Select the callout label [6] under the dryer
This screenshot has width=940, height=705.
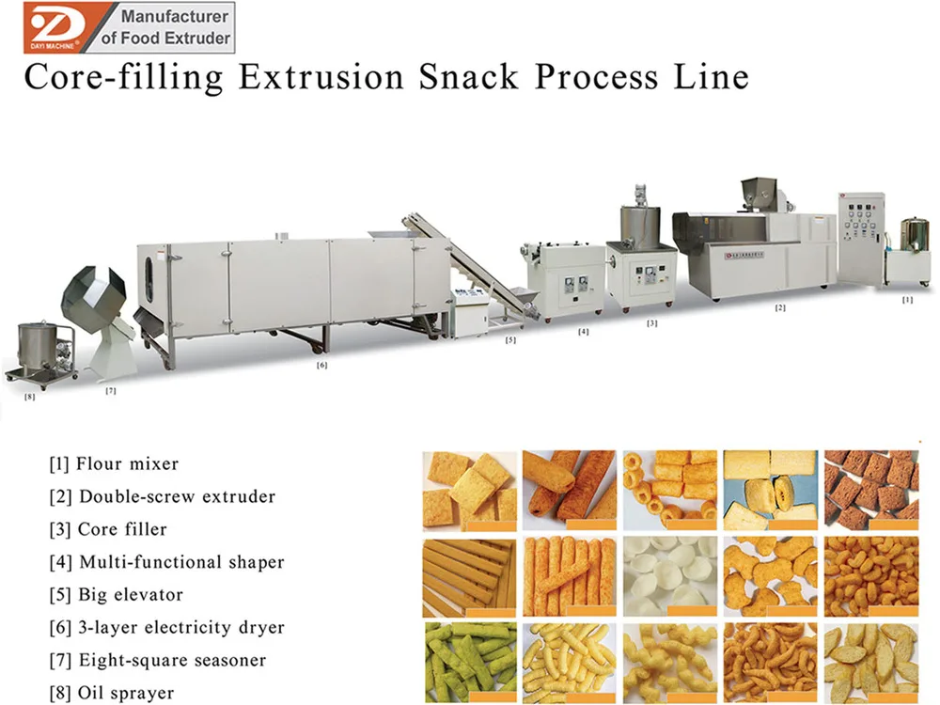click(321, 366)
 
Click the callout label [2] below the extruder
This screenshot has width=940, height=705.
click(779, 307)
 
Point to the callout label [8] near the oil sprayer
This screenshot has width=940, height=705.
click(29, 397)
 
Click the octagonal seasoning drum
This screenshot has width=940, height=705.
click(93, 299)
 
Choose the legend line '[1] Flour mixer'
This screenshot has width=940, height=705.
click(114, 463)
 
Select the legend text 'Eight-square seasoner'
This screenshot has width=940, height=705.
click(172, 660)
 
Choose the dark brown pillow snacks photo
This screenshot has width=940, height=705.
click(869, 485)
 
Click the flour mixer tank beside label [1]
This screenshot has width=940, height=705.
click(907, 240)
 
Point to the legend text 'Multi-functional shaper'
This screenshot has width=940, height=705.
click(180, 562)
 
